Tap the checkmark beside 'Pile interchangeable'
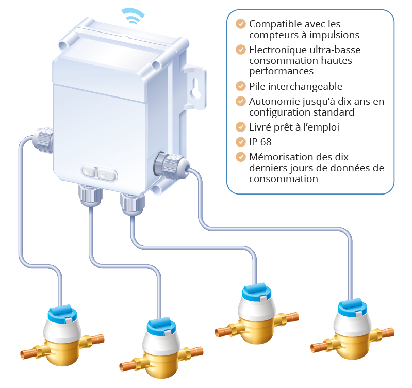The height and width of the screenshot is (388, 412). [240, 86]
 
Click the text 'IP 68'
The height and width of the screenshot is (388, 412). [260, 141]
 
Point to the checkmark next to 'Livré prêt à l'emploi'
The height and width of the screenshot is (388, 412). [240, 126]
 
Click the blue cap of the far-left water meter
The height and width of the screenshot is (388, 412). [62, 314]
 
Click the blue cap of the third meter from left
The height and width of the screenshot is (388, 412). [256, 292]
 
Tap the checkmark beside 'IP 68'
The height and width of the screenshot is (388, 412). [240, 141]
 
